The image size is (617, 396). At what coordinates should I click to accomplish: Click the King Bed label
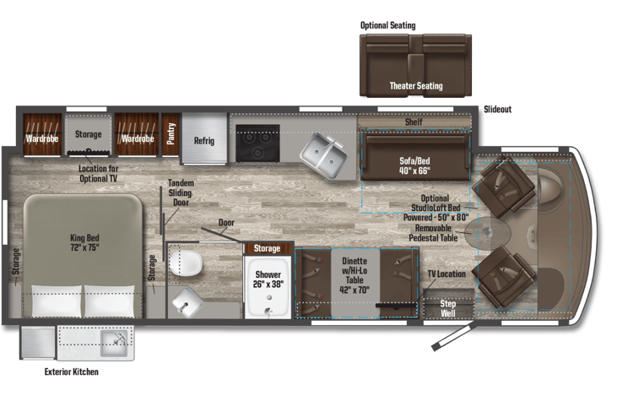pos(84,242)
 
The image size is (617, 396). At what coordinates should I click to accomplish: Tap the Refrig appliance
pos(203,138)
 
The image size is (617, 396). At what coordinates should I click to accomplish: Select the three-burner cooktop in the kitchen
pos(257,143)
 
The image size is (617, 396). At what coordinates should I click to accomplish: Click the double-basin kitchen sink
pos(323,155)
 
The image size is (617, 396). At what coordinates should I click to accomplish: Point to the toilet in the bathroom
pos(186,263)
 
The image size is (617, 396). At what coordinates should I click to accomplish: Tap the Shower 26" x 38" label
pos(268,279)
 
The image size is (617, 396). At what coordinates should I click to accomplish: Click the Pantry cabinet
pos(171,134)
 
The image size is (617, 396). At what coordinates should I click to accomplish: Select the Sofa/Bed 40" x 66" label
pos(414,165)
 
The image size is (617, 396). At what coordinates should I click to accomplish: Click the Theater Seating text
pos(416,86)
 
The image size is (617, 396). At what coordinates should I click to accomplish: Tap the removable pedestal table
pos(488,232)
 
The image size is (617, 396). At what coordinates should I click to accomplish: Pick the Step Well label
pos(448,309)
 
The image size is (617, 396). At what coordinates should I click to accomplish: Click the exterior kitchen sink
pos(113,343)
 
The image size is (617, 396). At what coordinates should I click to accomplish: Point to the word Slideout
pos(497,110)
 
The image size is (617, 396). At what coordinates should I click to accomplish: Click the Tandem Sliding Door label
pos(181,193)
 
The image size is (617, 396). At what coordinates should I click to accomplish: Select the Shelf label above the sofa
pos(414,122)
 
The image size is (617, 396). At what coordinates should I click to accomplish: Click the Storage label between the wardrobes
pos(88,134)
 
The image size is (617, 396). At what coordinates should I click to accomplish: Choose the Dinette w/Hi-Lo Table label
pos(355,275)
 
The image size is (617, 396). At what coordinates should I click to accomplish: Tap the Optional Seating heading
pos(388,25)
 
